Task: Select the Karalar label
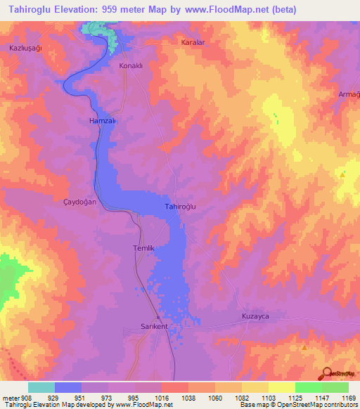click(x=192, y=42)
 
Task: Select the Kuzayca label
click(x=255, y=316)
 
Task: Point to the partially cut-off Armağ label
click(x=349, y=95)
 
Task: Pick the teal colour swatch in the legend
click(x=41, y=387)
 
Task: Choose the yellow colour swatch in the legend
click(x=281, y=387)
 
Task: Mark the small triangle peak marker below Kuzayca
click(x=304, y=347)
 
